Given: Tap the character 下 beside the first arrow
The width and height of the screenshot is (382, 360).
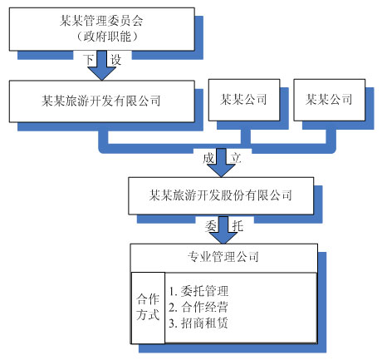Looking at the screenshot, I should [90, 59].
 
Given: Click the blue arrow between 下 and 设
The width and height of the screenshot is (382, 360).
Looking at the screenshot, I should [102, 65].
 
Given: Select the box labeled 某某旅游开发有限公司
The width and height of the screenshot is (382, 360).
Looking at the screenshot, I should [101, 101].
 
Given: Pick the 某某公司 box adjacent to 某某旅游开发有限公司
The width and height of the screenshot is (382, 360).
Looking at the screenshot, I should [243, 101].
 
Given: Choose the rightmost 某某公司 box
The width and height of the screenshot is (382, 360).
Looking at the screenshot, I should [329, 101].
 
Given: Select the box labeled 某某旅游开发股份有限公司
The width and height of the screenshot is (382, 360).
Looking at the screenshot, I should [220, 196].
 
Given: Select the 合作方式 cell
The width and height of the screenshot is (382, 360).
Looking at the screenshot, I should [147, 307].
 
